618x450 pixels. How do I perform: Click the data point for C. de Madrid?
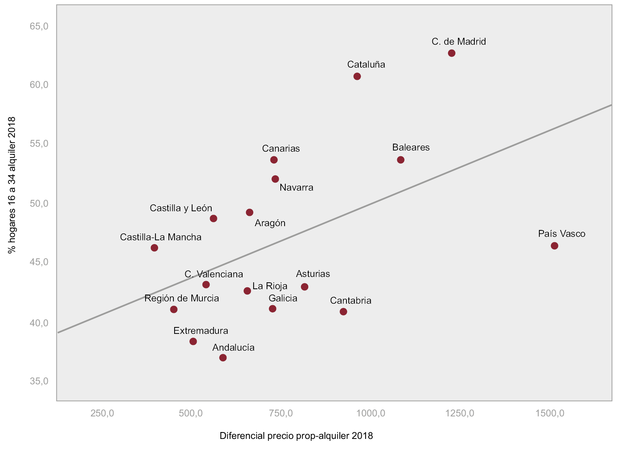pos(451,53)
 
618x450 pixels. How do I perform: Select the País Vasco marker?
pos(554,246)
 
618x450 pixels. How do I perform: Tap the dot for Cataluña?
pos(357,76)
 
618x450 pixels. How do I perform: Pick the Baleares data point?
pos(401,160)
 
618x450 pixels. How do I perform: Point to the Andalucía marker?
pos(223,358)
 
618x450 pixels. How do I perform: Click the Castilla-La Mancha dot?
pos(154,248)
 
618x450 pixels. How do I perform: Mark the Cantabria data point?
pos(343,312)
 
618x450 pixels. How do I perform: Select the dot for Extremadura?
pos(193,342)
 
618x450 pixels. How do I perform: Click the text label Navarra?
pos(296,188)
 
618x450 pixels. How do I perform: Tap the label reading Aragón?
pos(270,223)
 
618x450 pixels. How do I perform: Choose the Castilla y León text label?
pos(181,208)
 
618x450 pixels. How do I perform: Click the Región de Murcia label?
pos(181,298)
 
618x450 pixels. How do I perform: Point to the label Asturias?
pos(313,274)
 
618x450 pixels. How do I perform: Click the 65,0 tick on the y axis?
pos(39,26)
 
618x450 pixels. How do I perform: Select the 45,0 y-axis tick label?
pos(39,262)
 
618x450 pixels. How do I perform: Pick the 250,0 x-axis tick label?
pos(102,413)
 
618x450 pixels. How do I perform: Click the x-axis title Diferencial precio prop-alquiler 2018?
pos(296,436)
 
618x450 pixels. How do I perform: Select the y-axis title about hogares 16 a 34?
pos(12,185)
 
